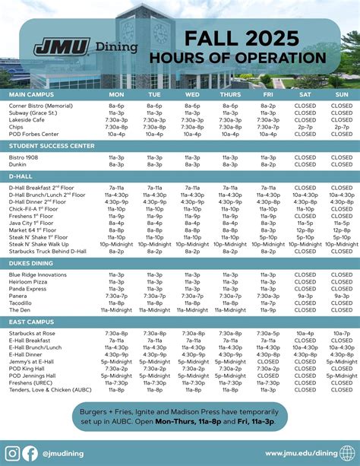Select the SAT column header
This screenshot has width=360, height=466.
(305, 94)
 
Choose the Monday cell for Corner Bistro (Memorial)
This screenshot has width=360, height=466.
(116, 106)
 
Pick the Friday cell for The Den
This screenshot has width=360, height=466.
(267, 309)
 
